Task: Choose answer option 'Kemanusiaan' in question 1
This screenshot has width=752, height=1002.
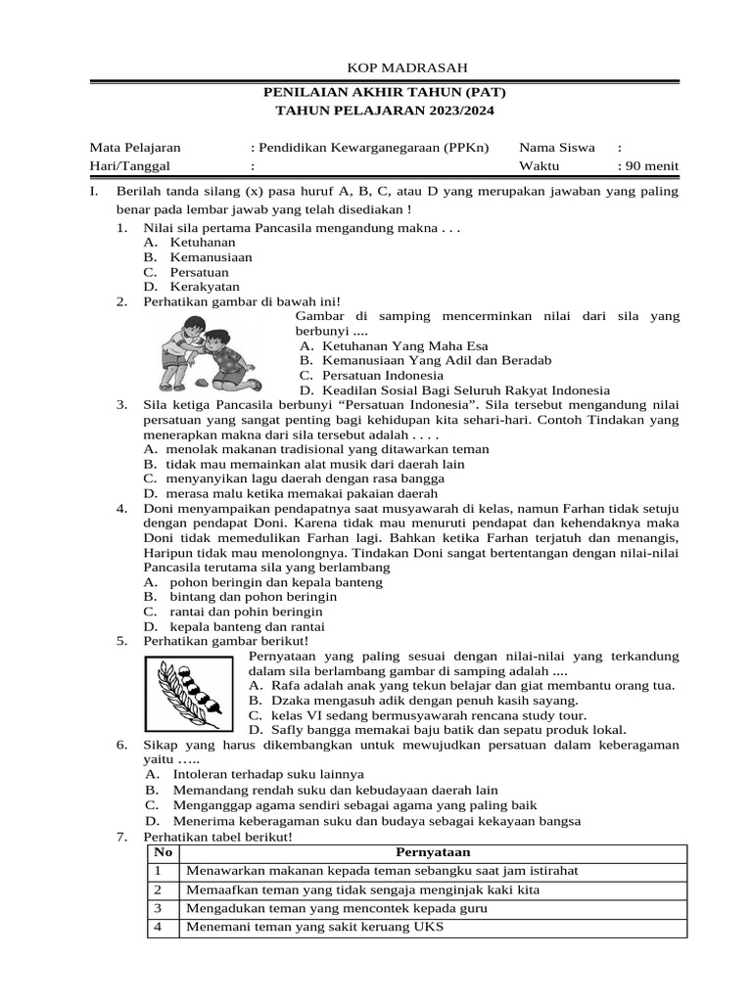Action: point(211,257)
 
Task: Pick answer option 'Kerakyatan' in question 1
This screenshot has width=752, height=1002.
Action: point(205,287)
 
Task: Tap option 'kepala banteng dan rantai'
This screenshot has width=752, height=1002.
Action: point(247,626)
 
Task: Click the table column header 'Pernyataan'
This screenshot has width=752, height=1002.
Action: point(433,852)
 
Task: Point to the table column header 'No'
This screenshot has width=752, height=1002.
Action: point(163,852)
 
